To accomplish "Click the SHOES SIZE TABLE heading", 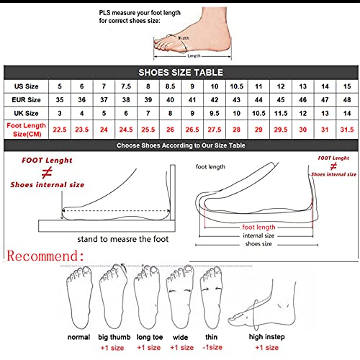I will (x=180, y=73).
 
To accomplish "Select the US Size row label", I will (x=28, y=86).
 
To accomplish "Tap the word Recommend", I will (x=47, y=256).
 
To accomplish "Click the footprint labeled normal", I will (x=78, y=295).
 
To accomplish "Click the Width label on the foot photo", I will (x=184, y=38).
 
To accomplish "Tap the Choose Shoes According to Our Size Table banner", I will (x=180, y=145).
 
